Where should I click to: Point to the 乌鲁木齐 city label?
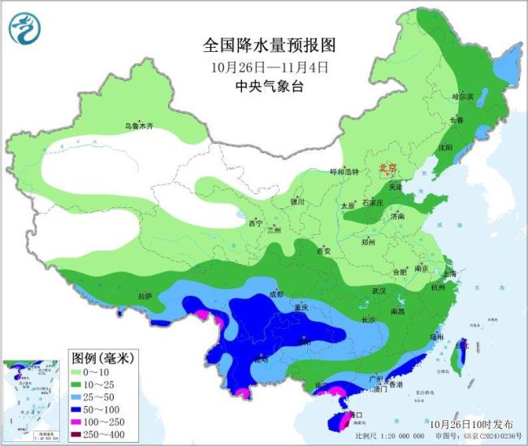coord(138,126)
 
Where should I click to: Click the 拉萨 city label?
coord(145,297)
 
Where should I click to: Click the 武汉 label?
coord(380,290)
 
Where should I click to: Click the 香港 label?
coord(396,383)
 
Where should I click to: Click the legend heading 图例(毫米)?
coord(102,357)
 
